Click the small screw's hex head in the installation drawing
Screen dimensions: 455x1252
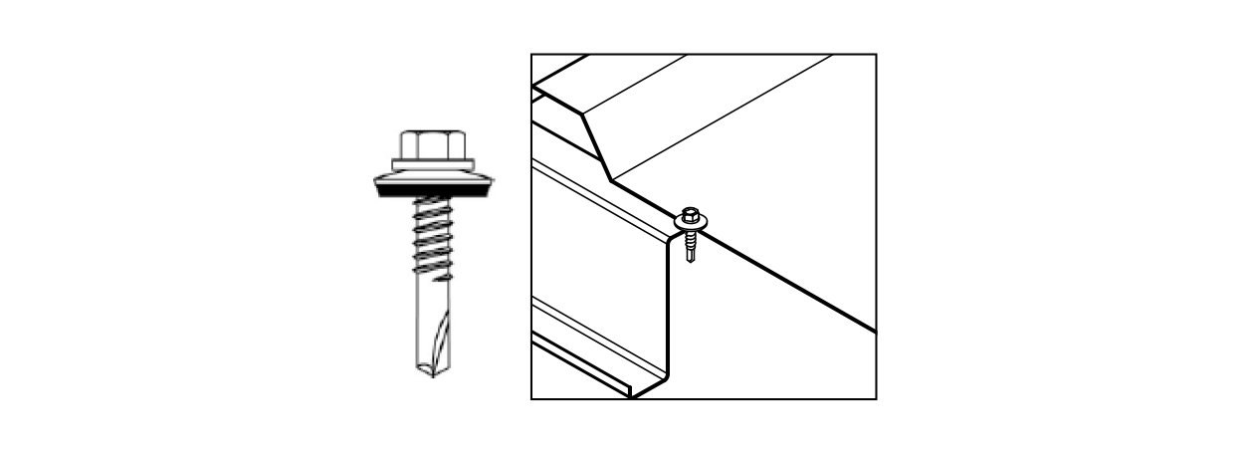coord(690,214)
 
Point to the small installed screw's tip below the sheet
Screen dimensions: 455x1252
coord(691,257)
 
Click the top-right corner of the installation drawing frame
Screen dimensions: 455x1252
coord(876,55)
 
